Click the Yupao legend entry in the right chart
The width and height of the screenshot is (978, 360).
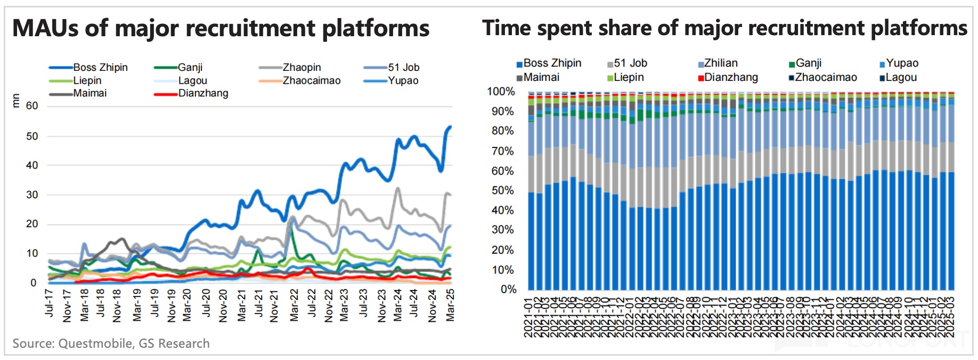click(902, 63)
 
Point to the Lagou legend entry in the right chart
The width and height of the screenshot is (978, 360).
click(901, 78)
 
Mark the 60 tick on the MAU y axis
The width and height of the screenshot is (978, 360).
click(32, 106)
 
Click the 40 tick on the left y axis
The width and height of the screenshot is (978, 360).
click(32, 166)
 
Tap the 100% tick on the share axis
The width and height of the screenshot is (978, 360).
click(501, 92)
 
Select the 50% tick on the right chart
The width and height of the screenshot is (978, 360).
click(503, 191)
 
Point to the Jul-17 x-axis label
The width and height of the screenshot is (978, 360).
click(49, 304)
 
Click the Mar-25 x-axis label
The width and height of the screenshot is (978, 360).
click(450, 305)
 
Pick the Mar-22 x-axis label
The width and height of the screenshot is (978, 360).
click(294, 305)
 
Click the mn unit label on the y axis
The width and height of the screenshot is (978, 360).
click(15, 100)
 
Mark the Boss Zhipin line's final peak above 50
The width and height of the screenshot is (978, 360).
click(450, 127)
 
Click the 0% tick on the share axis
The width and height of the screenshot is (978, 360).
click(508, 290)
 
